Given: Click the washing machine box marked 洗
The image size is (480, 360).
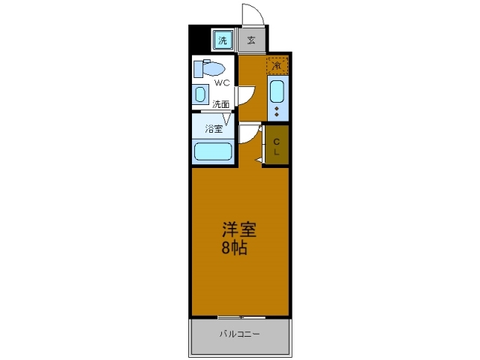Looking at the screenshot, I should [223, 40].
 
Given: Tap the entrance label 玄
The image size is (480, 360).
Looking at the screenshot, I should [251, 40].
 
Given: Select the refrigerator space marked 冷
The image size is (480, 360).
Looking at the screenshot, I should [277, 66].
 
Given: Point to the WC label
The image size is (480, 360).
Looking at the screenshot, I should [223, 84].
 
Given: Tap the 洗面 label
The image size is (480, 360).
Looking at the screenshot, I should [220, 104].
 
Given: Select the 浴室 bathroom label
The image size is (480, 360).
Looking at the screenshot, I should [214, 128].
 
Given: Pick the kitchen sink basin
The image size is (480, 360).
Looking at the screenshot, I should [277, 91].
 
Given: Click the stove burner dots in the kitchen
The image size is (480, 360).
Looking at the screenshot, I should [277, 112].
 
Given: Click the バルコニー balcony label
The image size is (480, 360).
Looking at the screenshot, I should [240, 334].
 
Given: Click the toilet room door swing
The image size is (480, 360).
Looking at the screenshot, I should [244, 96].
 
